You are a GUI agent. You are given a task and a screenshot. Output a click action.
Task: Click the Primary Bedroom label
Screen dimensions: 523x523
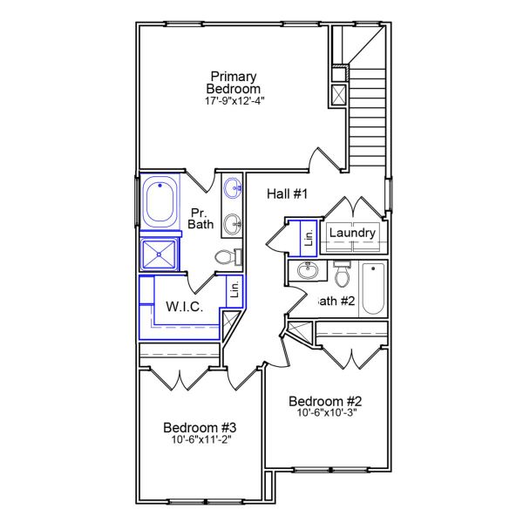click(x=234, y=83)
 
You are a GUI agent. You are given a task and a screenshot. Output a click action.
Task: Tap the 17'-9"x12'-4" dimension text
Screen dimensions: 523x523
click(x=234, y=101)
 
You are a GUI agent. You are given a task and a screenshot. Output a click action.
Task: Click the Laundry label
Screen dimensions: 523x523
click(x=352, y=234)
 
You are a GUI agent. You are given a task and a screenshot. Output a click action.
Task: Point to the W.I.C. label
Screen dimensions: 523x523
click(x=185, y=307)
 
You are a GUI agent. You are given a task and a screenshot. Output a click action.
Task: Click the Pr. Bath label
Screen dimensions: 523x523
click(x=200, y=218)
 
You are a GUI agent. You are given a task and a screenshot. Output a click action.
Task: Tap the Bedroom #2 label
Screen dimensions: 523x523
click(x=325, y=401)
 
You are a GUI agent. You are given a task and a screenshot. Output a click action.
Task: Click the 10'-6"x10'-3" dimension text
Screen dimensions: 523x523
click(x=325, y=413)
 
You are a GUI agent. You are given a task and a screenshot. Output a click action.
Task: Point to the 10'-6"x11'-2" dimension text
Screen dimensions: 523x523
click(x=200, y=440)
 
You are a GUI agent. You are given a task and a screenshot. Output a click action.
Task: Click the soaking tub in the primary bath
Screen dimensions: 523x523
click(x=160, y=202)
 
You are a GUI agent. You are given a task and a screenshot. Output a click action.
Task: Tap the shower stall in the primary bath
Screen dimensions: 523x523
click(x=160, y=255)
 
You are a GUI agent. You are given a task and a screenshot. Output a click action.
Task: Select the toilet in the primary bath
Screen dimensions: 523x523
click(x=227, y=257)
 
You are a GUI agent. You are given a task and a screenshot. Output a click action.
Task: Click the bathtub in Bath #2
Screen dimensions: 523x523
click(x=372, y=289)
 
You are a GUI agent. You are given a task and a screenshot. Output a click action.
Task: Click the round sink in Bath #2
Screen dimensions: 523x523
click(x=307, y=271)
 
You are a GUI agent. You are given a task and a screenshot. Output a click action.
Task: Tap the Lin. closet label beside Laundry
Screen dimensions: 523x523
click(x=308, y=234)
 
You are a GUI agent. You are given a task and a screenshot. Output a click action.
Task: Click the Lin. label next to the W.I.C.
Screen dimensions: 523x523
click(x=234, y=289)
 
